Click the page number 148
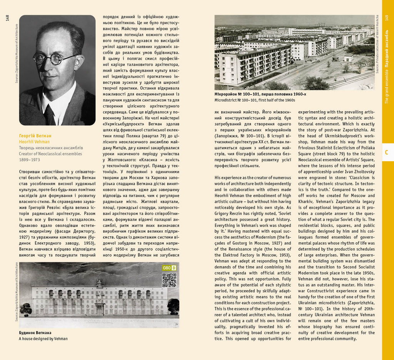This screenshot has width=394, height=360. click(x=7, y=18)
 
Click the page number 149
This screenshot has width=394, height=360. click(x=387, y=18)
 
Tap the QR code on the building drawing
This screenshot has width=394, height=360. click(x=169, y=280)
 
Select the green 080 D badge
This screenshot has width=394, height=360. click(x=169, y=268)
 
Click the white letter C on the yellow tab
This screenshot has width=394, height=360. click(x=387, y=153)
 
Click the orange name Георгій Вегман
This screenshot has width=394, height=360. click(x=35, y=136)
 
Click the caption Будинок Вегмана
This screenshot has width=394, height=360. click(x=35, y=333)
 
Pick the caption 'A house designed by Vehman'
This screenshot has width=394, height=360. click(x=43, y=339)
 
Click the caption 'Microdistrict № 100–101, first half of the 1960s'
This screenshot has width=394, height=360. click(x=255, y=100)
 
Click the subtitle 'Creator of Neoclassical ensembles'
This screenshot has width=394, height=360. click(x=50, y=154)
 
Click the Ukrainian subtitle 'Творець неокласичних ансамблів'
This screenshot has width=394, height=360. click(x=51, y=148)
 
